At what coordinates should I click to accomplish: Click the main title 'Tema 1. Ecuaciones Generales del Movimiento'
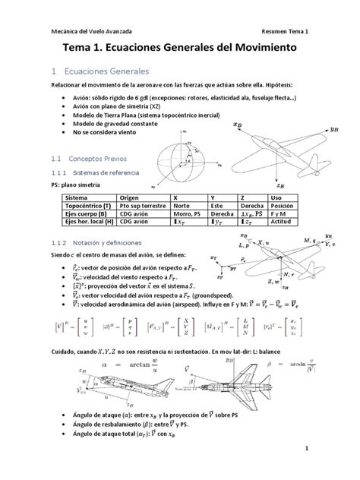point(179,48)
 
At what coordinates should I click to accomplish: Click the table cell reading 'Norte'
point(183,205)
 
